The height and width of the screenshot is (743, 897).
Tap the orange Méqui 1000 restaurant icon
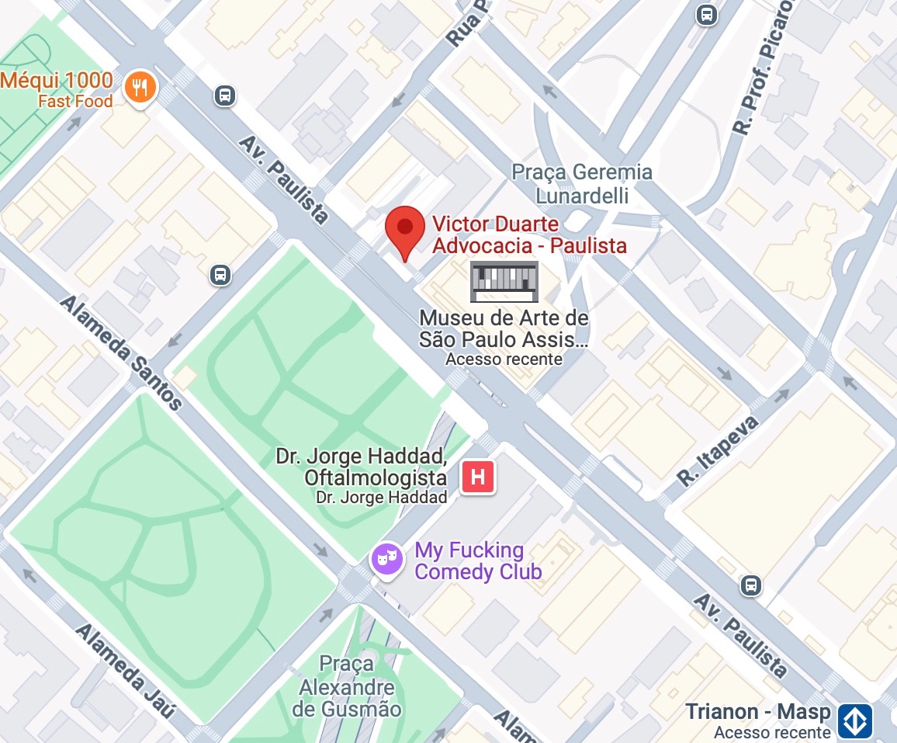pyautogui.click(x=140, y=85)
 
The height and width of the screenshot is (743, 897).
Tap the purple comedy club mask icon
pyautogui.click(x=386, y=557)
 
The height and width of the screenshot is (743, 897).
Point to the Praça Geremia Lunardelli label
pyautogui.click(x=582, y=183)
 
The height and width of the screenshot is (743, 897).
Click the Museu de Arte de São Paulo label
pyautogui.click(x=504, y=328)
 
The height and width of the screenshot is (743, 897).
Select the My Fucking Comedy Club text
pyautogui.click(x=477, y=561)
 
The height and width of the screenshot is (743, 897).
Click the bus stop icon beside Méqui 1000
pyautogui.click(x=224, y=95)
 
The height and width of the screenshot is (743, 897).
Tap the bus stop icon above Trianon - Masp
pyautogui.click(x=750, y=585)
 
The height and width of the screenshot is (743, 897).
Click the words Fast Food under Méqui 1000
pyautogui.click(x=75, y=101)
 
